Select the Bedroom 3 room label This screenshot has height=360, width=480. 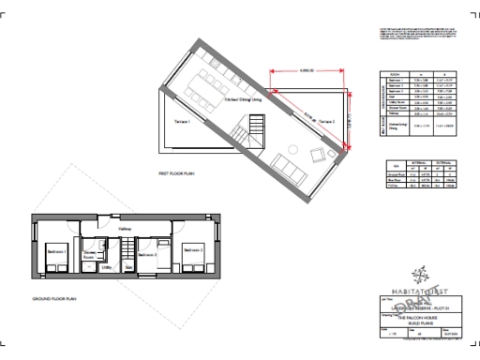pos(148,253)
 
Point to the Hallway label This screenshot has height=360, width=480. pos(125,229)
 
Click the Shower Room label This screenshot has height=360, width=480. pos(92,253)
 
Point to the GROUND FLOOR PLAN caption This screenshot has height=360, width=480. pos(53,301)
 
